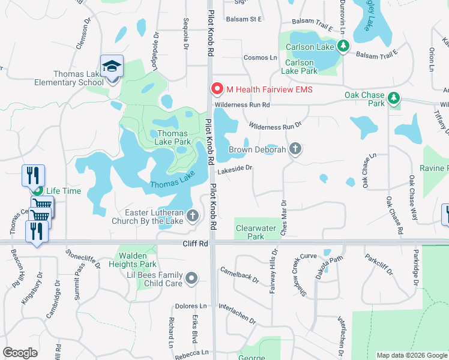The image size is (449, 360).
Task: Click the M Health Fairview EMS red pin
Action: tap(217, 89)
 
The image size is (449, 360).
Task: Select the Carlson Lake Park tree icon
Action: tap(343, 46)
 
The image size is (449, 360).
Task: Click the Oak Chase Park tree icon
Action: tap(394, 97)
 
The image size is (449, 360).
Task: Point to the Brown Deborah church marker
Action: tap(295, 149)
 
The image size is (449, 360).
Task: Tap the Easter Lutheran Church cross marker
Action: tap(193, 215)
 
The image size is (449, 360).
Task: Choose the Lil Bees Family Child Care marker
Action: tap(191, 278)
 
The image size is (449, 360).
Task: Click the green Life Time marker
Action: tap(38, 191)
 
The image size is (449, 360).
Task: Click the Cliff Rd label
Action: tap(195, 244)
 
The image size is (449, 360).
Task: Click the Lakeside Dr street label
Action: tap(234, 170)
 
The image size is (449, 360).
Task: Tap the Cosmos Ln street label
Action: tap(261, 58)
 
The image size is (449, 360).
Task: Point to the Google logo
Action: tap(20, 353)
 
